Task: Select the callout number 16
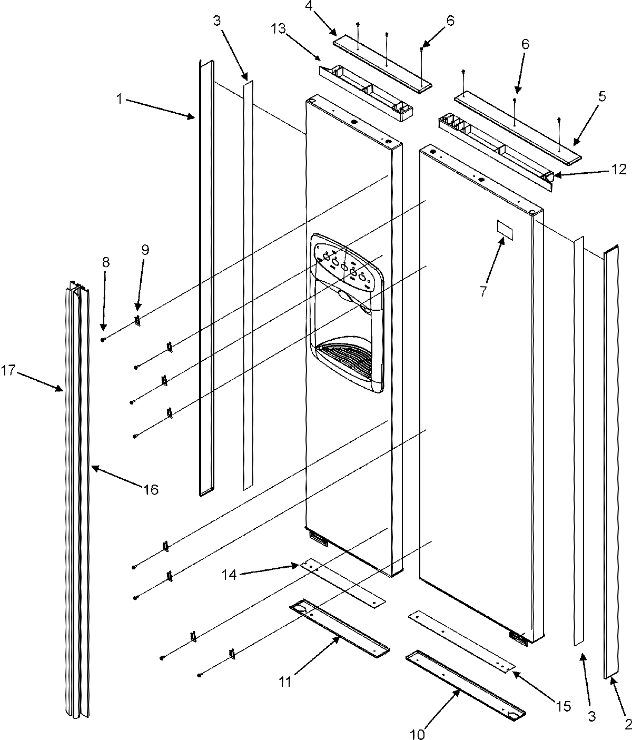[x=150, y=489]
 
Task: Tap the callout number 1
[x=121, y=98]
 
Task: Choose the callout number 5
[x=601, y=96]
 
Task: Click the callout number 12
[x=619, y=169]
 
